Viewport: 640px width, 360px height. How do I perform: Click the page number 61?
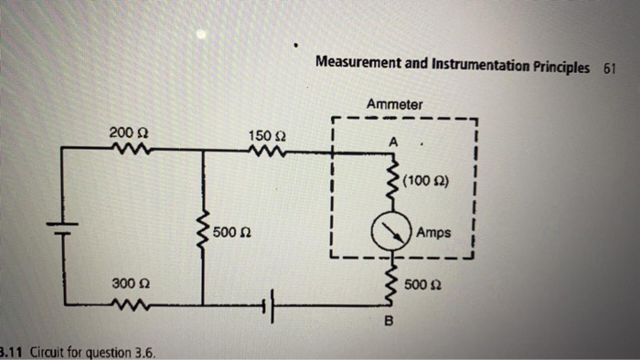point(609,68)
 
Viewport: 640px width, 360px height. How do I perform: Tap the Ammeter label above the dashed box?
point(394,105)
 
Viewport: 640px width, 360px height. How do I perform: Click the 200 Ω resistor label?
point(123,133)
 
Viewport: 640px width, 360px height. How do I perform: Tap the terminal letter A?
point(393,143)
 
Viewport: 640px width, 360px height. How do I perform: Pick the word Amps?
point(433,233)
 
